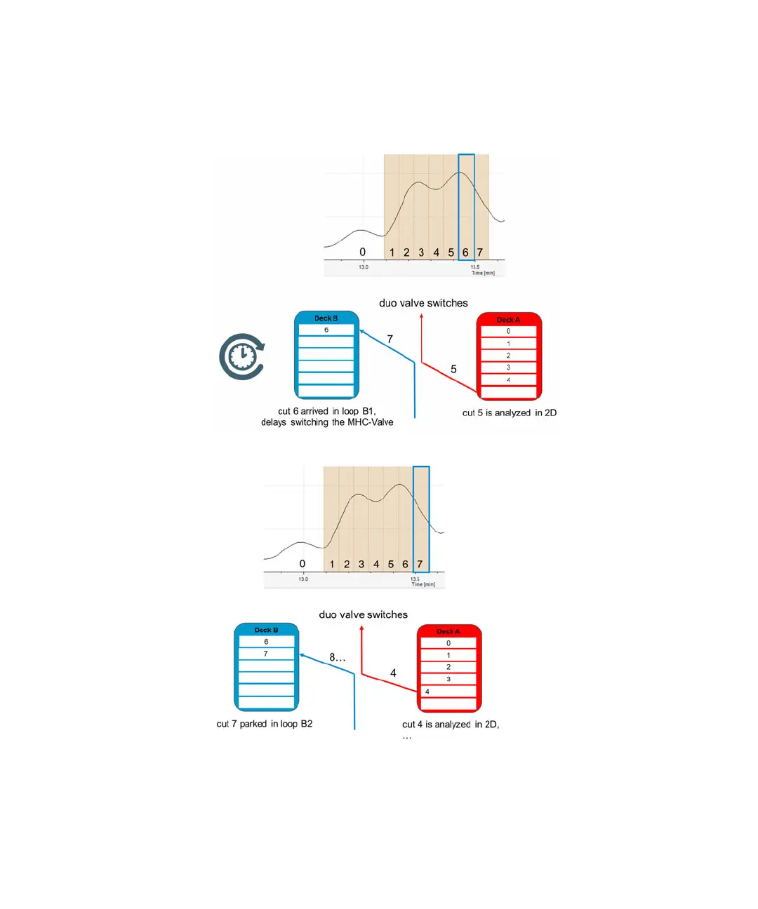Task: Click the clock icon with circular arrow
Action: point(242,356)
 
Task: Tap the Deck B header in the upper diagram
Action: point(326,318)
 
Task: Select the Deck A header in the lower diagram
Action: point(448,631)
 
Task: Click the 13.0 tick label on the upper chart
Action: point(364,267)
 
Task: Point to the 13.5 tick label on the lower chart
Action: point(415,579)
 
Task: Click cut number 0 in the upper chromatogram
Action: point(362,252)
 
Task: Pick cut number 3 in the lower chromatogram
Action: point(361,564)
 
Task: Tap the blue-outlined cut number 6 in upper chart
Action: point(465,252)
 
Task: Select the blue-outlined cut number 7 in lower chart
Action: point(420,564)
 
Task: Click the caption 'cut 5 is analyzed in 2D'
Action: point(509,413)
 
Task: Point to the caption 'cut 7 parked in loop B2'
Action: point(265,724)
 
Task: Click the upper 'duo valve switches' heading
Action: point(423,303)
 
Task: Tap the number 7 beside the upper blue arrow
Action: point(390,339)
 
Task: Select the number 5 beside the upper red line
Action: point(453,369)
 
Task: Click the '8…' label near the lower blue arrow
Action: point(338,657)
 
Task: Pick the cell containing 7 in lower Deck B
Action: point(266,654)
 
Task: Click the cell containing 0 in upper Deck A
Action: point(509,332)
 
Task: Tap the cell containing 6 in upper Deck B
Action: point(326,330)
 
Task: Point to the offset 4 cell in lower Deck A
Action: point(448,692)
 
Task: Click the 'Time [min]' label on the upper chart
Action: point(483,273)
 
